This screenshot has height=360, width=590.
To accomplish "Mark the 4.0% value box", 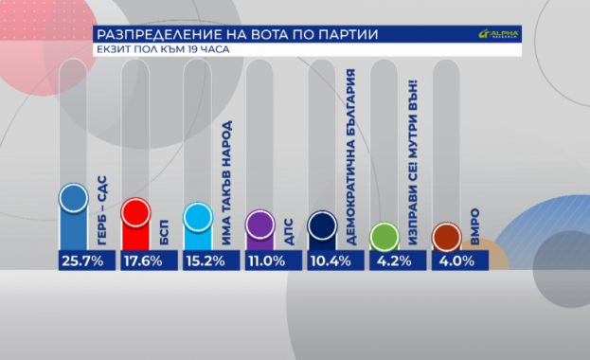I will (x=456, y=260).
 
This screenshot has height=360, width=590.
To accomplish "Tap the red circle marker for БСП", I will (x=134, y=213).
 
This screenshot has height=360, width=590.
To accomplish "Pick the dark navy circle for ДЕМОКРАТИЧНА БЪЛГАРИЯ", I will (x=322, y=225).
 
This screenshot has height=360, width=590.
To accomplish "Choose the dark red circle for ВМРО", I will (x=445, y=235).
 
